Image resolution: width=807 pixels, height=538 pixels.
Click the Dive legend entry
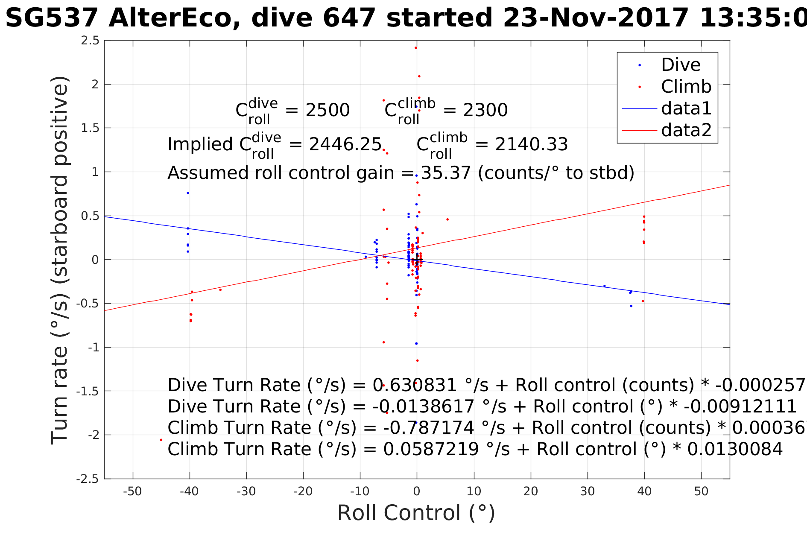tap(681, 65)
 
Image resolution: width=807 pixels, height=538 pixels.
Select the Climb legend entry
tap(686, 87)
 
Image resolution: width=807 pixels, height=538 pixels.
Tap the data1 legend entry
tap(686, 109)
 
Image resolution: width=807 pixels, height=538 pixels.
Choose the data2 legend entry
tap(686, 130)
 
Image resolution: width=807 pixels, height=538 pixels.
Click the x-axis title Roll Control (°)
tap(416, 513)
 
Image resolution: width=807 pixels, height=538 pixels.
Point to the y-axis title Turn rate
tap(60, 260)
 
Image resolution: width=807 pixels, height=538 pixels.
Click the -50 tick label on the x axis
tap(132, 491)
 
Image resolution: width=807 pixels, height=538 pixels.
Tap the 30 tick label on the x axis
tap(588, 491)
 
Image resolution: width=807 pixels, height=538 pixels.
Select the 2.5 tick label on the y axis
tap(90, 41)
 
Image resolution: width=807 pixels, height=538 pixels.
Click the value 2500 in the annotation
tap(327, 111)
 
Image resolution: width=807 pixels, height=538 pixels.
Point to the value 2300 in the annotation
tap(485, 111)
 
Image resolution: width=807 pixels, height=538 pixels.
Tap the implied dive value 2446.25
tap(345, 145)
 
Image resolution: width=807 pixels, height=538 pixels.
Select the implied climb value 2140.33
tap(531, 145)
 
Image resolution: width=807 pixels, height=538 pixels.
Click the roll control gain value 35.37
tap(446, 173)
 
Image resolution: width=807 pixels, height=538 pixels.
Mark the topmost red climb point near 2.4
tap(416, 48)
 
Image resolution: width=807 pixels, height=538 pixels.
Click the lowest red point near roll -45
tap(161, 440)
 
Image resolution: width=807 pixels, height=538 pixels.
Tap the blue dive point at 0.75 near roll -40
tap(188, 193)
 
